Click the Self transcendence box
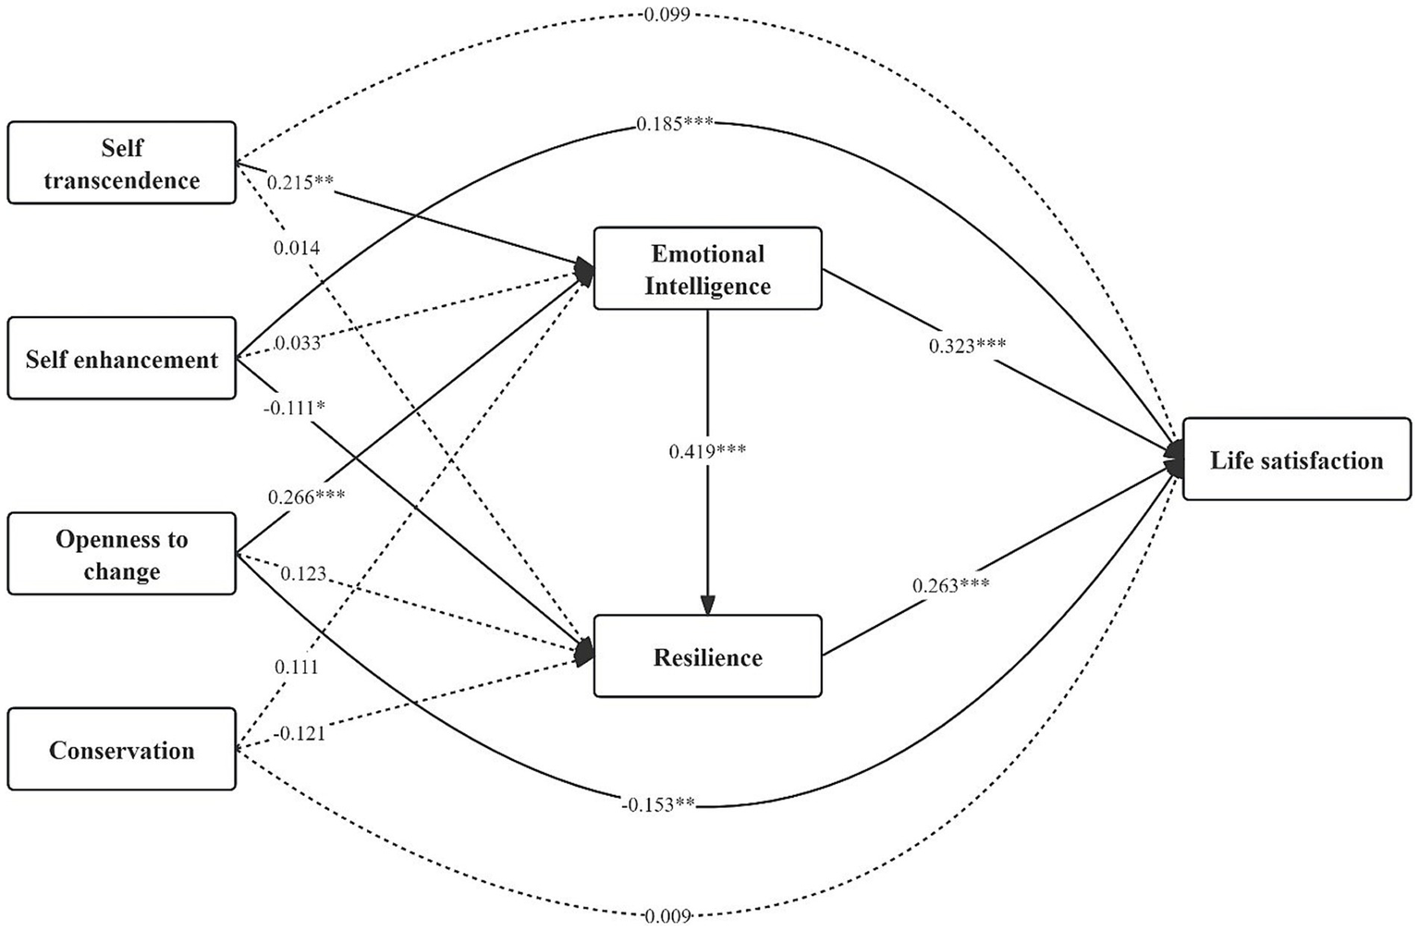pyautogui.click(x=121, y=163)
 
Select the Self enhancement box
pyautogui.click(x=121, y=359)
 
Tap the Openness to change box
pyautogui.click(x=121, y=554)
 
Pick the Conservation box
pyautogui.click(x=121, y=749)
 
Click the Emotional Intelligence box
pyautogui.click(x=707, y=268)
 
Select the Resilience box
pyautogui.click(x=707, y=656)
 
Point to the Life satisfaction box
pyautogui.click(x=1296, y=459)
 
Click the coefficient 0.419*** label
pyautogui.click(x=707, y=451)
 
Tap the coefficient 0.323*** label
pyautogui.click(x=967, y=346)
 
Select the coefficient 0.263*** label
pyautogui.click(x=950, y=585)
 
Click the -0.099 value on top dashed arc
pyautogui.click(x=664, y=14)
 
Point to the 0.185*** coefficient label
pyautogui.click(x=674, y=123)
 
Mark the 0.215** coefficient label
pyautogui.click(x=300, y=182)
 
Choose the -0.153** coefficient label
pyautogui.click(x=657, y=804)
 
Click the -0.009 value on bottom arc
pyautogui.click(x=666, y=916)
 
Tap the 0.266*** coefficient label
pyautogui.click(x=306, y=496)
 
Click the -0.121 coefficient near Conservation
pyautogui.click(x=299, y=733)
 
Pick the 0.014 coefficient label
pyautogui.click(x=296, y=248)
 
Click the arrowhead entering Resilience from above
pyautogui.click(x=707, y=606)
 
